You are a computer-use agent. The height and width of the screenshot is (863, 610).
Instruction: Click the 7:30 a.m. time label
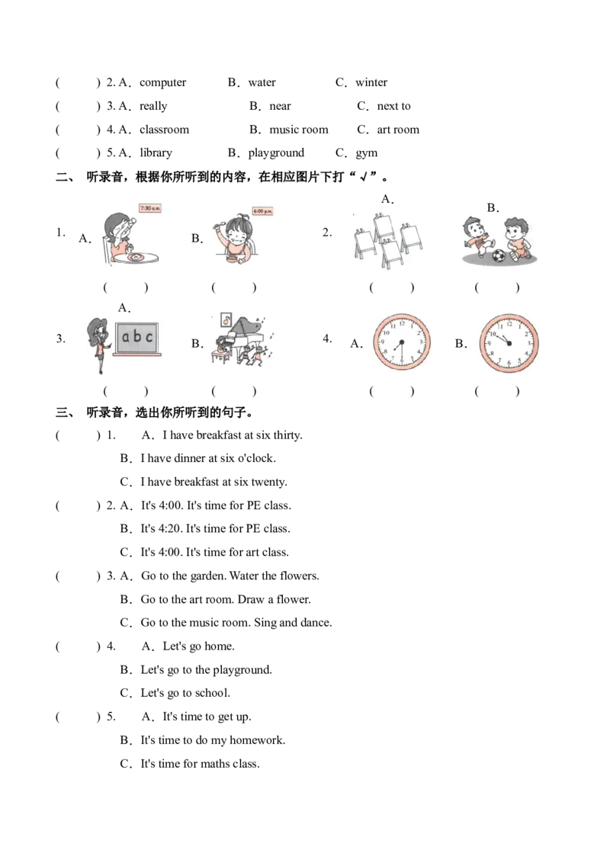(x=150, y=207)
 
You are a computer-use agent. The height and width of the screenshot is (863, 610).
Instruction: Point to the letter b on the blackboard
(x=138, y=335)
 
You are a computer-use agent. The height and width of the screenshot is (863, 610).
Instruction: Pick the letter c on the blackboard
(x=149, y=336)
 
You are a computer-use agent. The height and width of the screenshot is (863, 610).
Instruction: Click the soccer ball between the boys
(x=499, y=255)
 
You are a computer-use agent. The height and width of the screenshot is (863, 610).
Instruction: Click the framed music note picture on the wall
(x=226, y=319)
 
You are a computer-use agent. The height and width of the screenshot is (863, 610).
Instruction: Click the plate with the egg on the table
(x=136, y=259)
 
